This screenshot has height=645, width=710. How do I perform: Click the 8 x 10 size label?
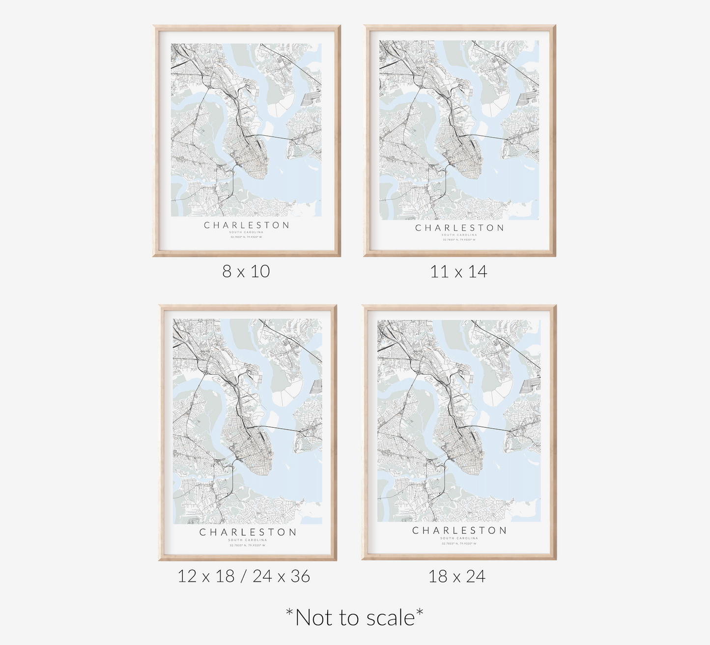coord(246,271)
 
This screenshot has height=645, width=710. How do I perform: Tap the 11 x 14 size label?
coord(458,271)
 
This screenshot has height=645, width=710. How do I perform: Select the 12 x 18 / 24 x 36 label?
coord(244,576)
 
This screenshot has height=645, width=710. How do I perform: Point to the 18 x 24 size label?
coord(457,576)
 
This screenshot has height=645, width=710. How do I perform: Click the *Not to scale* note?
coord(354,617)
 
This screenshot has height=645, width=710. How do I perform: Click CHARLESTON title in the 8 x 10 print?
coord(247,225)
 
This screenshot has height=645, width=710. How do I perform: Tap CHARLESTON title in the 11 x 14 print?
coord(459,228)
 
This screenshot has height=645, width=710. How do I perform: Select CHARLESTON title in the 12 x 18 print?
coord(248,532)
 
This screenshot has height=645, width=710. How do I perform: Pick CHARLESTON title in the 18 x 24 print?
coord(459,530)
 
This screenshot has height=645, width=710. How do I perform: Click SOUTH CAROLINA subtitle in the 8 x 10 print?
coord(247,232)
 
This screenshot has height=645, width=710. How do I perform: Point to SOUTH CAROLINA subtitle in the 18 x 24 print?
coord(459,538)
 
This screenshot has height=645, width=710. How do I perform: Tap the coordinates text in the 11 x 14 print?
coord(459,239)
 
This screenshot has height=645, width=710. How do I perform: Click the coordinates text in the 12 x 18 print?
coord(247,545)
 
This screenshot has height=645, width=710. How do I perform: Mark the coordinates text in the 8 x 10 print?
coord(247,237)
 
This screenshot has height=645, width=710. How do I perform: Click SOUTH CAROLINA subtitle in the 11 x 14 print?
coord(459,235)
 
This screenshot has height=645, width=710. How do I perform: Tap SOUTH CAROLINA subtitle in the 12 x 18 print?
coord(247,540)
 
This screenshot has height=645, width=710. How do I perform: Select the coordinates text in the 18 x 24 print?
coord(459,544)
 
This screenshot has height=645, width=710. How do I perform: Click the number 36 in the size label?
coord(300,576)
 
